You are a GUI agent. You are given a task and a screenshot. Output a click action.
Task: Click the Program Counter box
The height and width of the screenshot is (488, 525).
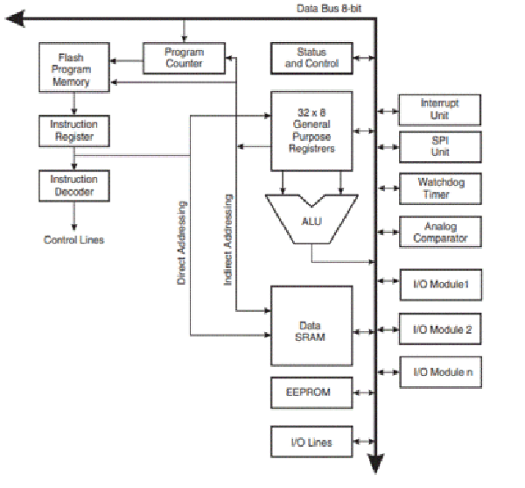184,59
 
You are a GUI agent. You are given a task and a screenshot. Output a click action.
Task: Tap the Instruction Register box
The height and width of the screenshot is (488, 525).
74,131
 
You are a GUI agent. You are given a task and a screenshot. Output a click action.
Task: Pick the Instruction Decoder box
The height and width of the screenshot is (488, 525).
74,186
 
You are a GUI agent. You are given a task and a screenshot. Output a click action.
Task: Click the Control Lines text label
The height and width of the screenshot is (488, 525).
74,239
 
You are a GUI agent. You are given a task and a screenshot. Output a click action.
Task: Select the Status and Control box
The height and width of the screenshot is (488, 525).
311,59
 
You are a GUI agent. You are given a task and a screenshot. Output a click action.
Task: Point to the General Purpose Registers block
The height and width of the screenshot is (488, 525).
311,130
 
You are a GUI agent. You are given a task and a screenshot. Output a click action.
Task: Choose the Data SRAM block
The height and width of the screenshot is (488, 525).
311,324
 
